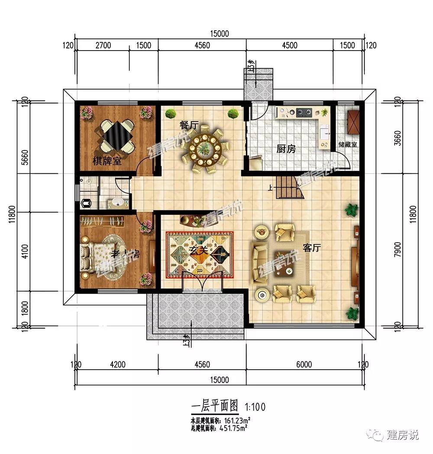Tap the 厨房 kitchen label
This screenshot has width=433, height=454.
[286, 149]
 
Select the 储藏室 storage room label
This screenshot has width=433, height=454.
[348, 145]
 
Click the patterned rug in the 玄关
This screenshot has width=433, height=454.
[200, 253]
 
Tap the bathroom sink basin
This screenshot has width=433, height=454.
[117, 202]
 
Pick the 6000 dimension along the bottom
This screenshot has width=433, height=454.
[304, 364]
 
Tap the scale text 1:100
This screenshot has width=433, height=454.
[255, 406]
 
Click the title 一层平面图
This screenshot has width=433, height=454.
[214, 406]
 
